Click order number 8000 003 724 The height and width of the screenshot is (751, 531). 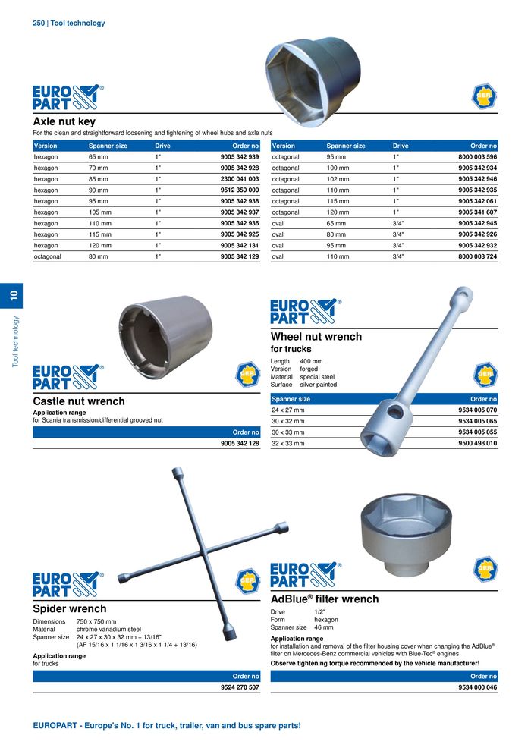[478, 257]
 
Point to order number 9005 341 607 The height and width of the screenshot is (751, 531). [478, 212]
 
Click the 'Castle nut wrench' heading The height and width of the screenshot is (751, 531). [79, 401]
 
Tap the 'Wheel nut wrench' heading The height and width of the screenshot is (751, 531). [316, 336]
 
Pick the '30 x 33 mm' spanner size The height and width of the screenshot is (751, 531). [288, 432]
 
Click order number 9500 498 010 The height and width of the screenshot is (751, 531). [478, 443]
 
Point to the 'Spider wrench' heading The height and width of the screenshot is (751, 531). [70, 608]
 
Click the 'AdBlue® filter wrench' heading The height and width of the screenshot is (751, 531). [325, 599]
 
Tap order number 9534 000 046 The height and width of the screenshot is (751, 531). [478, 687]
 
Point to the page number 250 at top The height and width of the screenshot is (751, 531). [39, 24]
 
